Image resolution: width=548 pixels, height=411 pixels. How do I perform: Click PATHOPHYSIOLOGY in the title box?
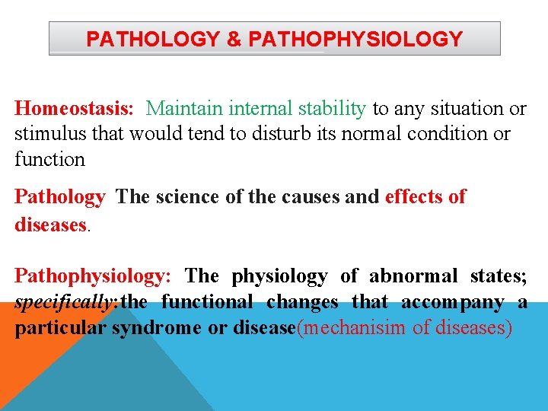[x=355, y=40]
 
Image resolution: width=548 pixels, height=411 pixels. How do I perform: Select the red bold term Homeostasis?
[x=75, y=109]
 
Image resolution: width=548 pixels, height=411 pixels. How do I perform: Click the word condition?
[x=454, y=134]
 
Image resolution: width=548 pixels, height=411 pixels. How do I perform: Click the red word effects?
[x=416, y=197]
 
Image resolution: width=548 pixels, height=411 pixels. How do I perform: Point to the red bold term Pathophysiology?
[x=95, y=276]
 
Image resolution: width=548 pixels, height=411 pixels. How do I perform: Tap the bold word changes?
[x=302, y=302]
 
